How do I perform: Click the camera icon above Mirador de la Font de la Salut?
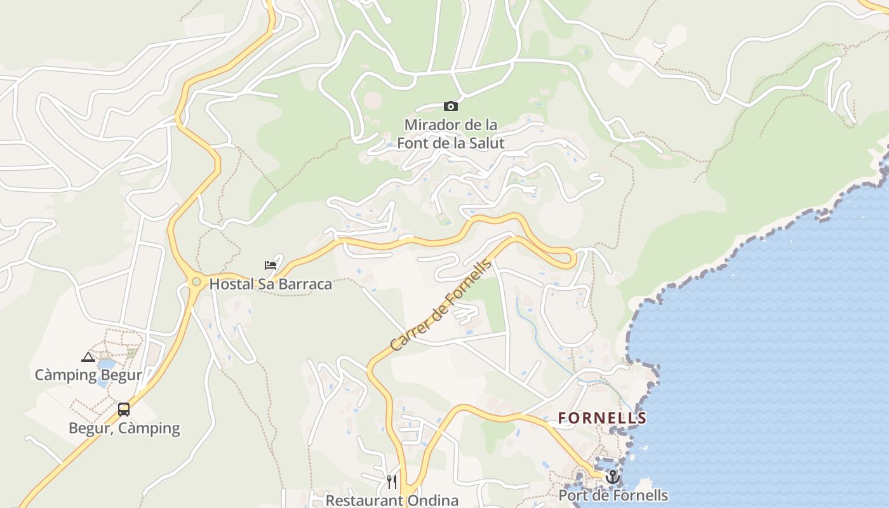[450, 106]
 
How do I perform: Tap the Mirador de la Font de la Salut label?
[450, 133]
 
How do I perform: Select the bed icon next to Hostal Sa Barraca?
[271, 265]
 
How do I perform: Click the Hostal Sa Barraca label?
[271, 284]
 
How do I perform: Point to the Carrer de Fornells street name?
[441, 306]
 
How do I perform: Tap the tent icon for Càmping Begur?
[88, 358]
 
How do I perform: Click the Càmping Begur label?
[88, 375]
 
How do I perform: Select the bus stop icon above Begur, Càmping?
[124, 410]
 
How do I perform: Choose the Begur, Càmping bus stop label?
[124, 428]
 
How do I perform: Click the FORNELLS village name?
[602, 418]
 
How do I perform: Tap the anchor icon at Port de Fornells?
[612, 476]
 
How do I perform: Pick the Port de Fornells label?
[613, 495]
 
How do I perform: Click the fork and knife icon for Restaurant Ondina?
[392, 482]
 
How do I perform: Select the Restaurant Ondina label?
[392, 500]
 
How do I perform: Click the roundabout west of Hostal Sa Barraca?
[196, 281]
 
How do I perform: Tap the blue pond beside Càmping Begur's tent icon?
[106, 365]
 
